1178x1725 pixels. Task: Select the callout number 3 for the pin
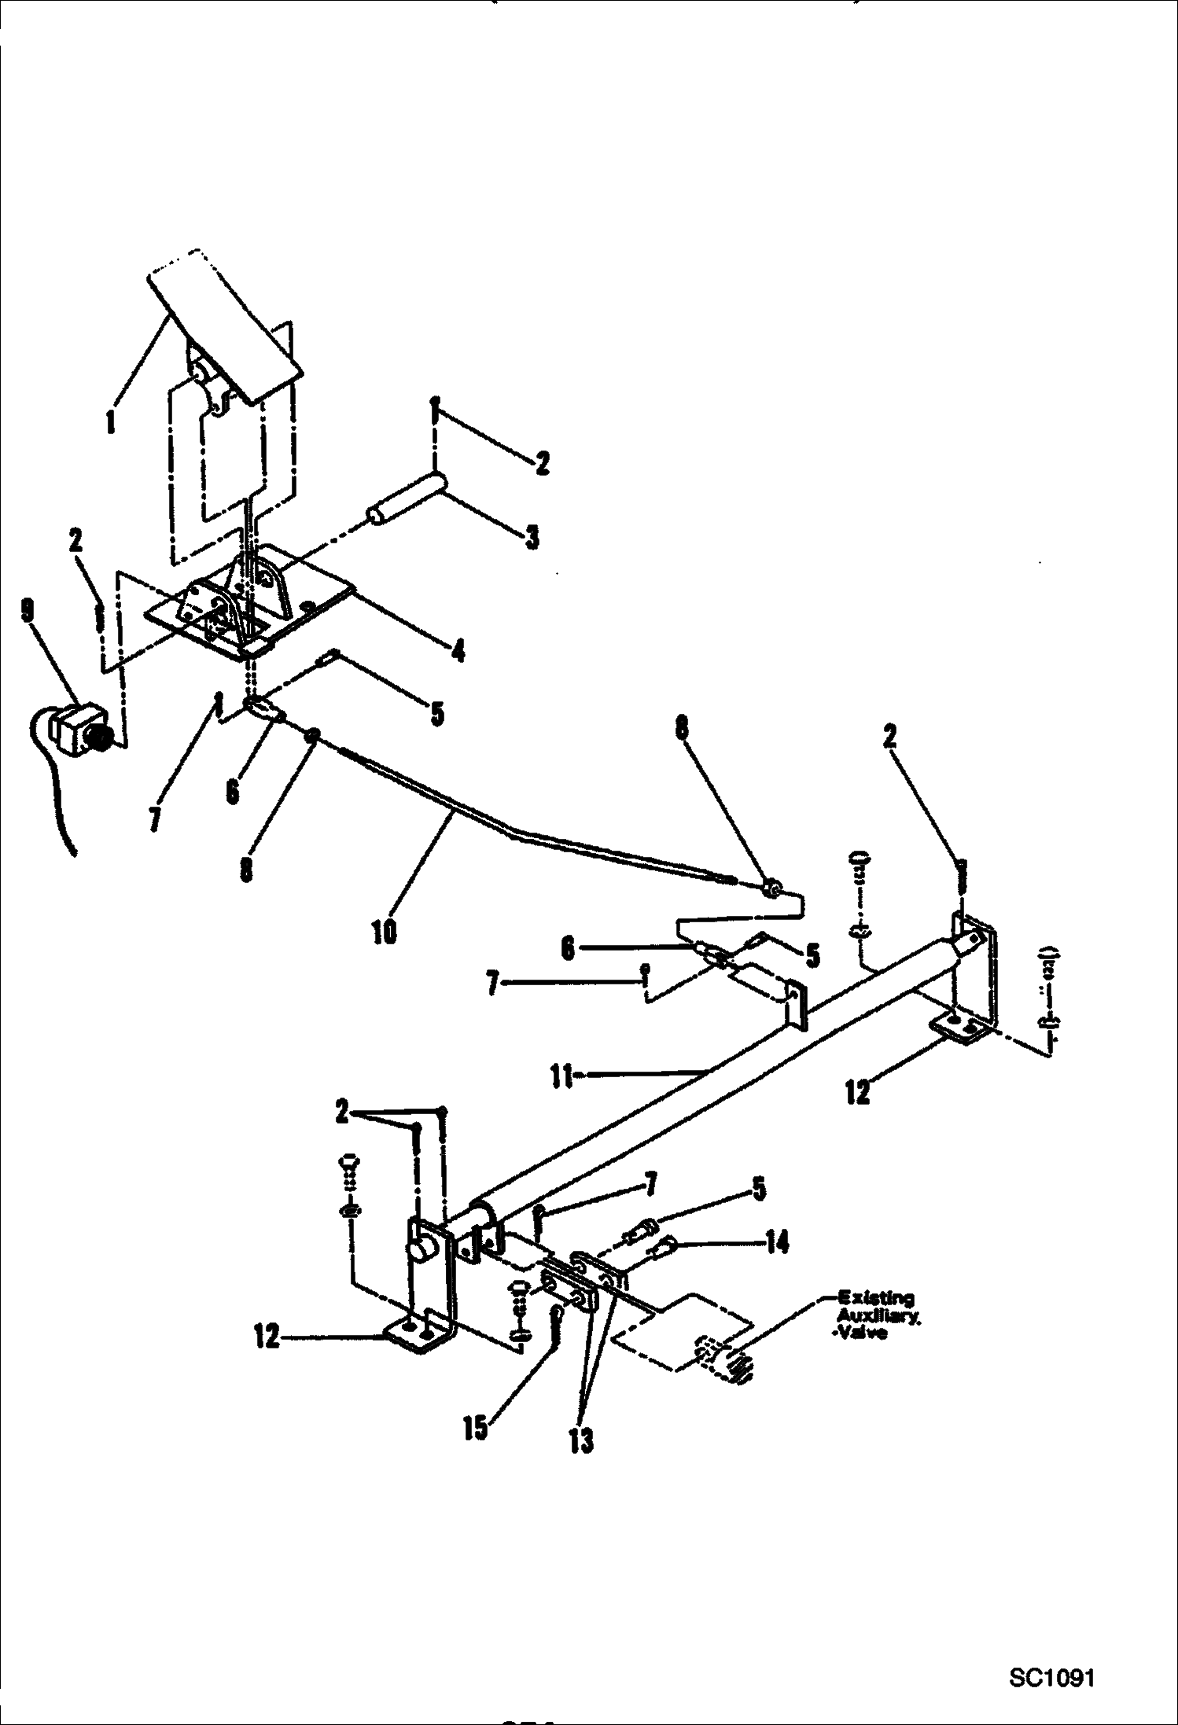point(532,539)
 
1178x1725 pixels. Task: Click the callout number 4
point(458,651)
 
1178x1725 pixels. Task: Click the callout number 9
point(28,611)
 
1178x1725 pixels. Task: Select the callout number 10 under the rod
point(385,932)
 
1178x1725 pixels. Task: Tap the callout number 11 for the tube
point(561,1076)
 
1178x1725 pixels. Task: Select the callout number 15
point(475,1427)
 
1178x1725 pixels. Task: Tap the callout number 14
point(776,1244)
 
